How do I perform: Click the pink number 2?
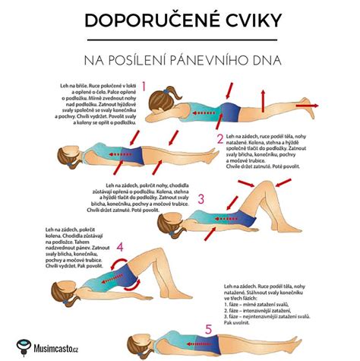(x=220, y=139)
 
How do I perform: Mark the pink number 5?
(x=209, y=330)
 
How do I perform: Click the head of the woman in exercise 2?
(x=65, y=157)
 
